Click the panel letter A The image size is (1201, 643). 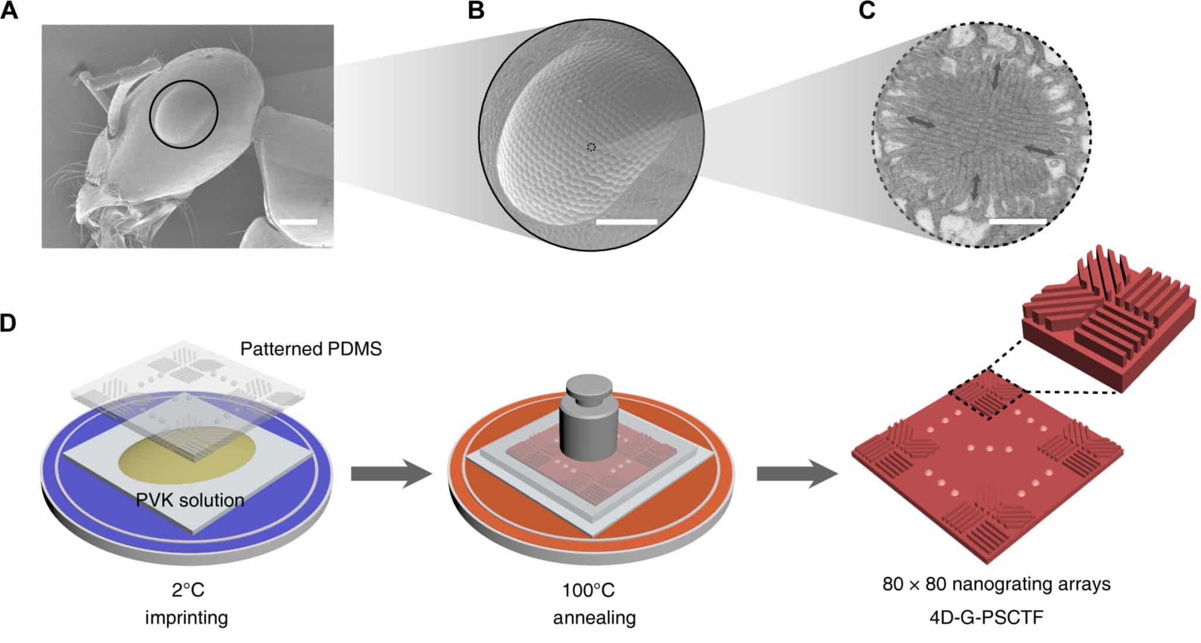click(9, 10)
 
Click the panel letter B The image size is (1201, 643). click(476, 10)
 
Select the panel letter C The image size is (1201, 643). click(867, 10)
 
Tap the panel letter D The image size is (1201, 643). click(8, 322)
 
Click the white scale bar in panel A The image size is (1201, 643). click(298, 222)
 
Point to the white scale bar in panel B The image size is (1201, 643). click(626, 222)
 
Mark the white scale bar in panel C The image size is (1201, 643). click(1017, 222)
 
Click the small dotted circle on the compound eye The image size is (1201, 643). click(592, 147)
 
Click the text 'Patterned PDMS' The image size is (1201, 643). click(311, 349)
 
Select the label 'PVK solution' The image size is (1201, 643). click(190, 500)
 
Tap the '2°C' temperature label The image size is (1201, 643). click(188, 589)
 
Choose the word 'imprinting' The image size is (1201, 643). click(186, 617)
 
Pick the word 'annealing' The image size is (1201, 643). click(594, 618)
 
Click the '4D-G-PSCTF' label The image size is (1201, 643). click(996, 617)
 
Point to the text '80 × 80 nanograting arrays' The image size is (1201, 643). click(996, 584)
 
